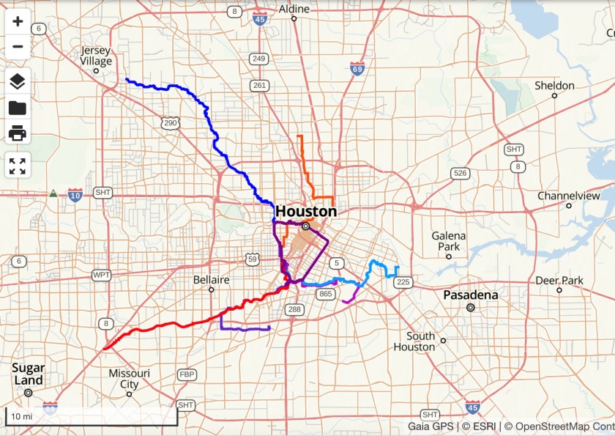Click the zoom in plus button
click(18, 21)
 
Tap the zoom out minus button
click(18, 47)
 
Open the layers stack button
click(18, 81)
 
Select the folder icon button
click(18, 108)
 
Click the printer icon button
click(18, 133)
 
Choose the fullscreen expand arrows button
click(18, 166)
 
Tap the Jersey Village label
click(96, 56)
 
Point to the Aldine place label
click(294, 9)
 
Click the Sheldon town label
click(554, 86)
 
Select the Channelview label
click(568, 196)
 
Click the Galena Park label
click(448, 241)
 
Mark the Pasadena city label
click(471, 295)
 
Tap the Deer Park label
click(559, 281)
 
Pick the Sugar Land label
click(28, 374)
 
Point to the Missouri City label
click(129, 378)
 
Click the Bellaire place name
click(212, 280)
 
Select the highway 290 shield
click(171, 123)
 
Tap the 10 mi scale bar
click(92, 417)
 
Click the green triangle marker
click(53, 194)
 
